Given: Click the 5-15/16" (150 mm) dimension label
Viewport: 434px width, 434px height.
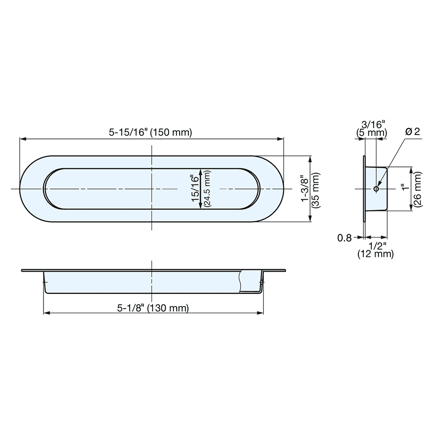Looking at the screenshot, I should pyautogui.click(x=150, y=132).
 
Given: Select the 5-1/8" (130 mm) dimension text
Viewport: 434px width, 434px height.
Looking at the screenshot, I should pyautogui.click(x=153, y=308).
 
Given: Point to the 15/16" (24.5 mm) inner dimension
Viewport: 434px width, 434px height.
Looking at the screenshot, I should pyautogui.click(x=200, y=189).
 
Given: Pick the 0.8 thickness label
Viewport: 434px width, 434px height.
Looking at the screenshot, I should pyautogui.click(x=345, y=237).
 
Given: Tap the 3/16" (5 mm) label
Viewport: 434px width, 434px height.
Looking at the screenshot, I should pyautogui.click(x=371, y=129).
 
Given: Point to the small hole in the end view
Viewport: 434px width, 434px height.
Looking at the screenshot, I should pyautogui.click(x=376, y=189).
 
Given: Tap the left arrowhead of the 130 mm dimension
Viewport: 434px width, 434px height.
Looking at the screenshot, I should pyautogui.click(x=46, y=313).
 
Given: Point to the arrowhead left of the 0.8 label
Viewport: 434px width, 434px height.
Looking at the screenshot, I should pyautogui.click(x=360, y=237).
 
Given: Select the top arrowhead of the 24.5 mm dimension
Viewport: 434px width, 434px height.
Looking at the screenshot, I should pyautogui.click(x=200, y=171).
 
